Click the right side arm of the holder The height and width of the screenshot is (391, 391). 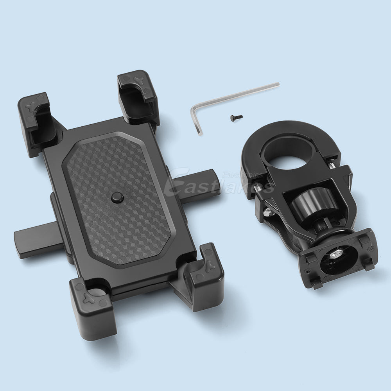197,184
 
